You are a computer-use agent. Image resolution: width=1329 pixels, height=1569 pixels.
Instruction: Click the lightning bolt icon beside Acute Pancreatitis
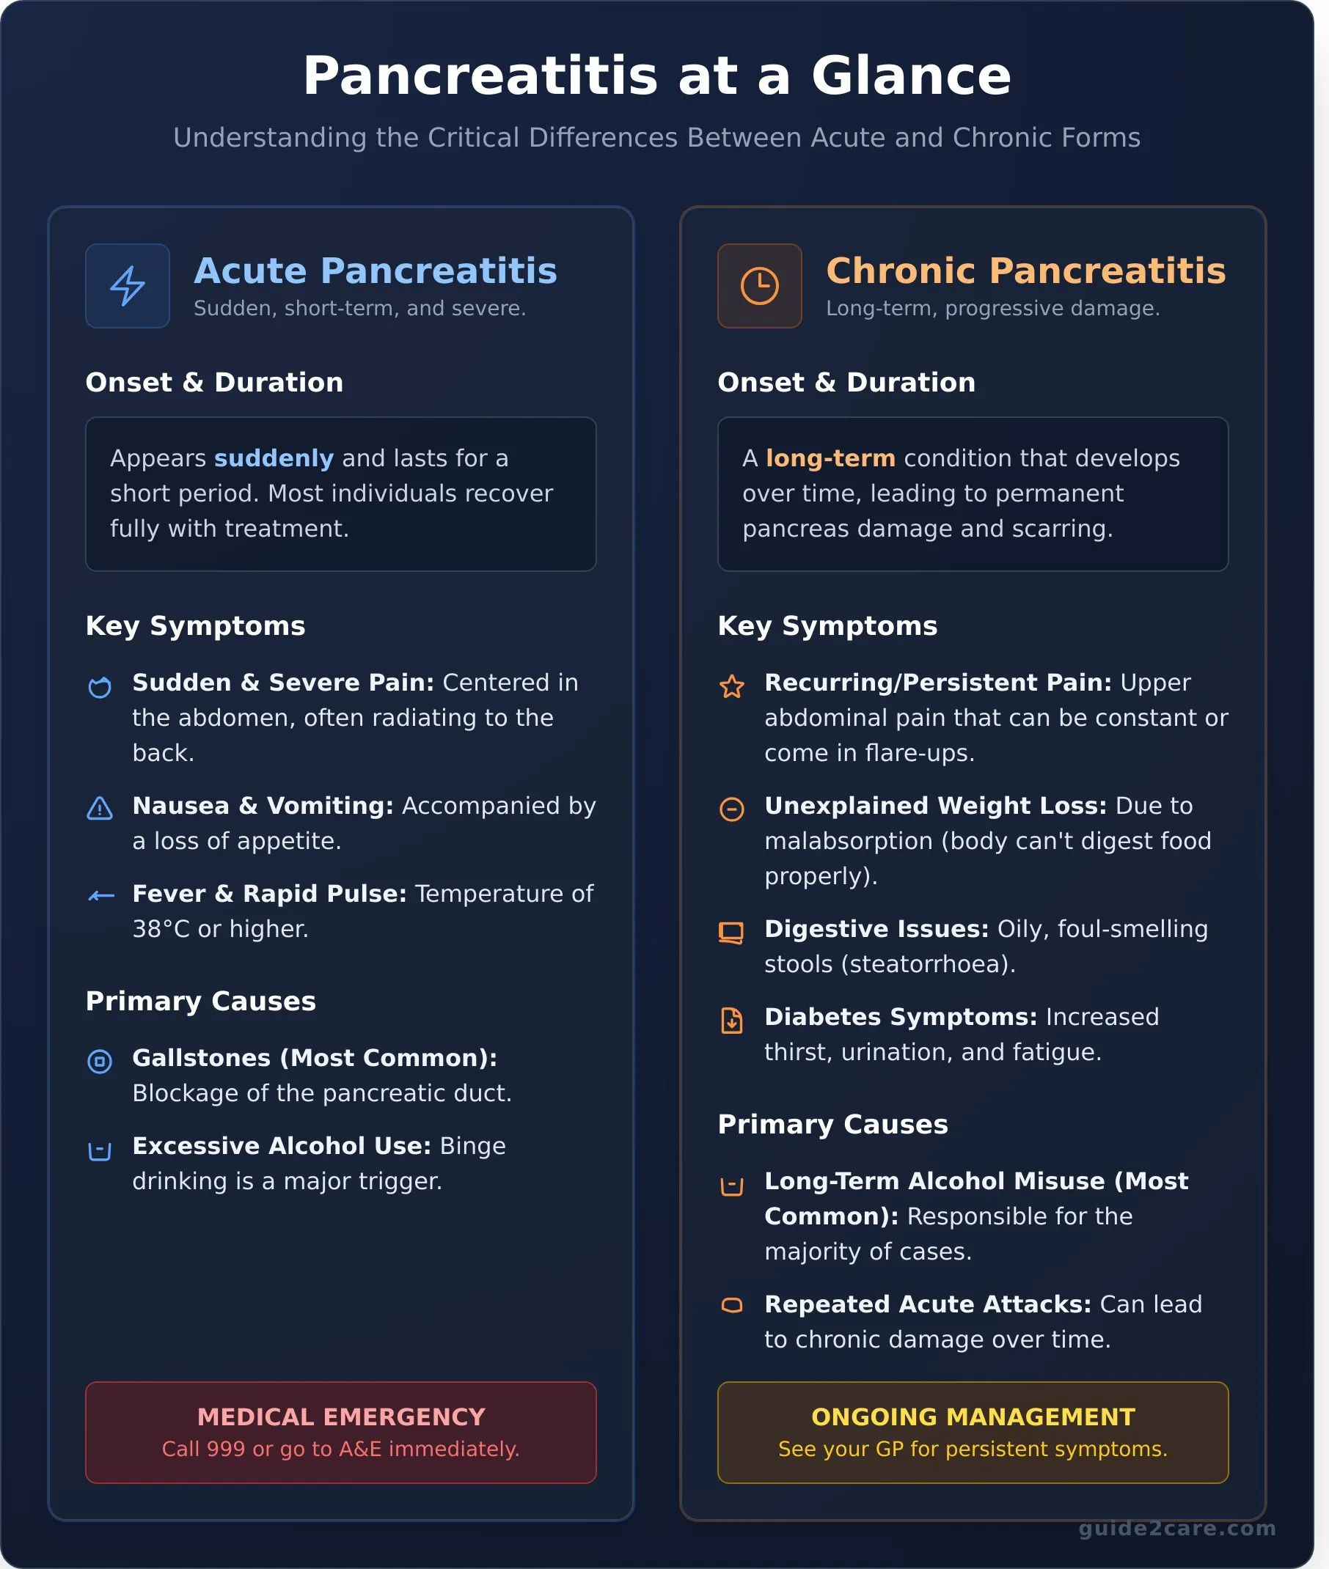tap(128, 285)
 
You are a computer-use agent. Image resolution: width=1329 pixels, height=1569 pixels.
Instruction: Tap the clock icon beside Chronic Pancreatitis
tap(758, 285)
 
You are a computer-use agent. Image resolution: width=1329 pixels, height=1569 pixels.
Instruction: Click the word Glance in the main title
tap(910, 76)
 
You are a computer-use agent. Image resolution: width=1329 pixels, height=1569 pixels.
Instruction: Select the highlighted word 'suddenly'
tap(274, 458)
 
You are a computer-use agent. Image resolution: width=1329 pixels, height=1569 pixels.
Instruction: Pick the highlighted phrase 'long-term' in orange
tap(830, 458)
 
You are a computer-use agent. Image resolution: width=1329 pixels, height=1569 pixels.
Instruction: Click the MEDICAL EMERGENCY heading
tap(340, 1416)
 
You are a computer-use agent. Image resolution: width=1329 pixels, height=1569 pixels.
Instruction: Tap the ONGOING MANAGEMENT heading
tap(973, 1416)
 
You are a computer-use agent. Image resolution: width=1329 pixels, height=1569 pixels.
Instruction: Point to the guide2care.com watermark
tap(1177, 1529)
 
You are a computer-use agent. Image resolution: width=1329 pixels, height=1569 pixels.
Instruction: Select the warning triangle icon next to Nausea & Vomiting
tap(100, 809)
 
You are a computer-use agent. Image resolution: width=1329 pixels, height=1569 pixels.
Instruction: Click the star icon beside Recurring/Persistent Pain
tap(731, 686)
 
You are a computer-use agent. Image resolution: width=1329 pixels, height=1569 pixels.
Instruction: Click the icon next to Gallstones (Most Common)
tap(100, 1062)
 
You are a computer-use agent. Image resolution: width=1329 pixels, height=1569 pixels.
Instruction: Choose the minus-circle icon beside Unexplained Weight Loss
tap(731, 809)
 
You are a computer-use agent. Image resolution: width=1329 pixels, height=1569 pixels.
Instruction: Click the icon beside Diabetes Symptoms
tap(731, 1021)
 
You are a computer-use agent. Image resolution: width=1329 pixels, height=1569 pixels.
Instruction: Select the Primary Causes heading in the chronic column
tap(832, 1124)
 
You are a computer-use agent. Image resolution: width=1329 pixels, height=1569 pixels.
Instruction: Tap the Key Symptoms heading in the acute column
tap(195, 626)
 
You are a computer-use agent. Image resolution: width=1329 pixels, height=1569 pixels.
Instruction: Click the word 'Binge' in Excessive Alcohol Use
tap(472, 1146)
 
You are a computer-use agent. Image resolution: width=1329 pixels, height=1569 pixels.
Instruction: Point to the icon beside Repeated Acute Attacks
tap(731, 1305)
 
